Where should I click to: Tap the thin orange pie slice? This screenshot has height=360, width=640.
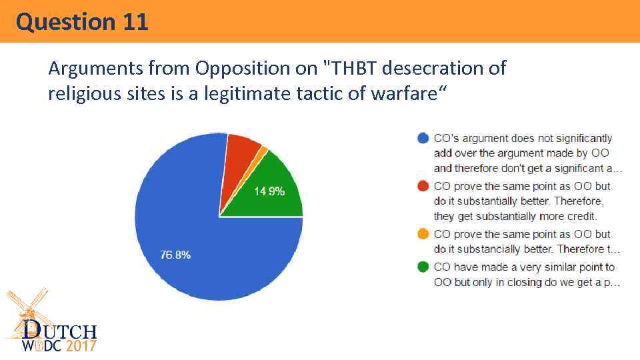[x=263, y=151]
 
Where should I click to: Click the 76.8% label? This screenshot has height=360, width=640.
[x=175, y=255]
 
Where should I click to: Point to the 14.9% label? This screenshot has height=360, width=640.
[x=269, y=191]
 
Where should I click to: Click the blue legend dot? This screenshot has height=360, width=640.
[x=422, y=139]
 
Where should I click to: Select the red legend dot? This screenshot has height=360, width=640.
[x=422, y=187]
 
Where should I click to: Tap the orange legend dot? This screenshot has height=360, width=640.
[x=422, y=235]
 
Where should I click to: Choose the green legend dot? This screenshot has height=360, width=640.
[x=422, y=267]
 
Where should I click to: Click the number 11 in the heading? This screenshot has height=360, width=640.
[x=135, y=22]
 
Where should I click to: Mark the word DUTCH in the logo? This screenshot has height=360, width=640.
[x=60, y=331]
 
